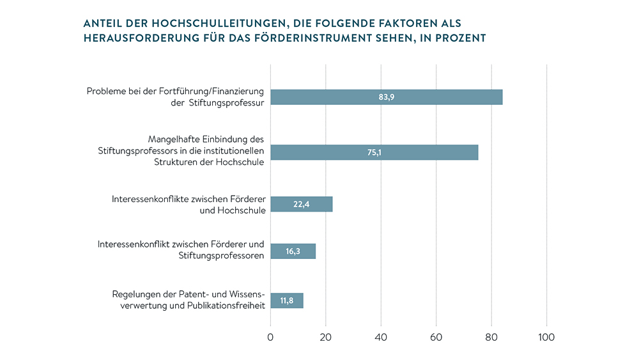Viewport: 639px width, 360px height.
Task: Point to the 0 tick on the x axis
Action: click(270, 338)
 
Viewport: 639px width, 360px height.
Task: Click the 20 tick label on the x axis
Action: click(326, 338)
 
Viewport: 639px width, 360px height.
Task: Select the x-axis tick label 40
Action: click(381, 338)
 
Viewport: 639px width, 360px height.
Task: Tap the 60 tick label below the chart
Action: click(436, 338)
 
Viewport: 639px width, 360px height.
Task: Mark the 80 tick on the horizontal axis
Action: click(491, 338)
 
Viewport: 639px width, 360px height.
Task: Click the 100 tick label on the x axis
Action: click(546, 338)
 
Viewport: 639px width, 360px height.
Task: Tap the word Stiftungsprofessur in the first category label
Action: click(227, 103)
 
